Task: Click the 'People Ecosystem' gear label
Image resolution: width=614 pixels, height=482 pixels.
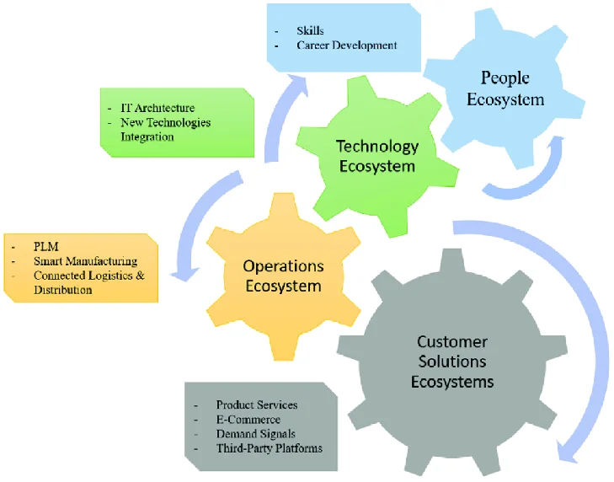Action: (x=511, y=88)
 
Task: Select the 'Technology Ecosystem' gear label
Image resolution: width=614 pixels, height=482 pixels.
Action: (x=377, y=156)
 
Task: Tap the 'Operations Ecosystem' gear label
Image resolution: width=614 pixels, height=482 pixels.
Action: (x=283, y=276)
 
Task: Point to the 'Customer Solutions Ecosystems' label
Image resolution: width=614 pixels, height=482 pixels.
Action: (x=451, y=361)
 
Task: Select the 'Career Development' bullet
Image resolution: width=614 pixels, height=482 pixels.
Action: (x=346, y=45)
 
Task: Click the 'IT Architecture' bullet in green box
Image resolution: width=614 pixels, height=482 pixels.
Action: (x=158, y=108)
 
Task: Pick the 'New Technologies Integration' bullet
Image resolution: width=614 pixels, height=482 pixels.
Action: (x=165, y=129)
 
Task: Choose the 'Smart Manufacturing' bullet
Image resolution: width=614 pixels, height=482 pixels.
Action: (x=85, y=262)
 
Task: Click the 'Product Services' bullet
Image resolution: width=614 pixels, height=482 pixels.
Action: (x=256, y=405)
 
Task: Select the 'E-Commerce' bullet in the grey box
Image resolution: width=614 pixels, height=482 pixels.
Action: (x=248, y=420)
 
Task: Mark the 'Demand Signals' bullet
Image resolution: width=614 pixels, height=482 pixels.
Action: (x=254, y=434)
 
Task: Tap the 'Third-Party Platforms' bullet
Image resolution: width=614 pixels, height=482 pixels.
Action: (x=269, y=448)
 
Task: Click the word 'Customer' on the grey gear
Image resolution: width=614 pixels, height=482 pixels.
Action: (x=451, y=342)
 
